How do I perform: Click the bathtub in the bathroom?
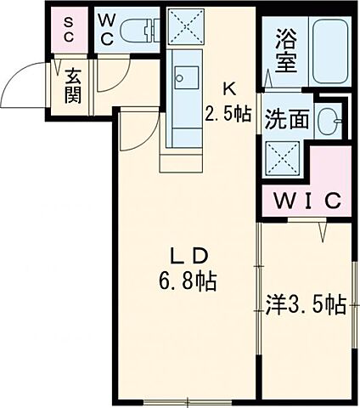329,50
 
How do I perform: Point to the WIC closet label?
306,201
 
